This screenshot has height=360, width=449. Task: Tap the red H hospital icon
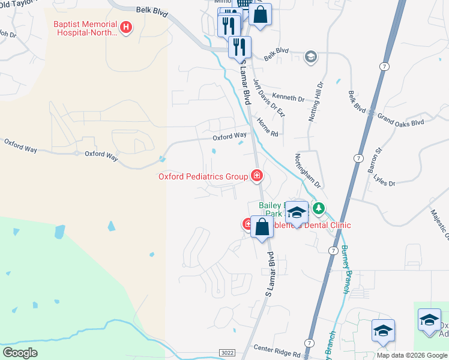click(x=126, y=27)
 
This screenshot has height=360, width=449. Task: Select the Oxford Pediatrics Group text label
click(x=203, y=176)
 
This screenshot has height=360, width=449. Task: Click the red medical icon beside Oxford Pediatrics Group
click(x=257, y=176)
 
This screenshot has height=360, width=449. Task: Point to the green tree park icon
click(x=319, y=209)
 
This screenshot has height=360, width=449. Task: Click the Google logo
click(x=20, y=352)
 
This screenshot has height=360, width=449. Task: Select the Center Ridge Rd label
click(x=276, y=347)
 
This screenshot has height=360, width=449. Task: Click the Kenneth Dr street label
click(x=288, y=97)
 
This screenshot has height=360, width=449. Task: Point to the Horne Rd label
click(x=268, y=127)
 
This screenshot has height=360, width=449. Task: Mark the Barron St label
click(x=379, y=160)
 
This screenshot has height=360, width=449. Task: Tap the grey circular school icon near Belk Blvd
click(x=310, y=57)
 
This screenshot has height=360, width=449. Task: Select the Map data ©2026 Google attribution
click(x=412, y=355)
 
